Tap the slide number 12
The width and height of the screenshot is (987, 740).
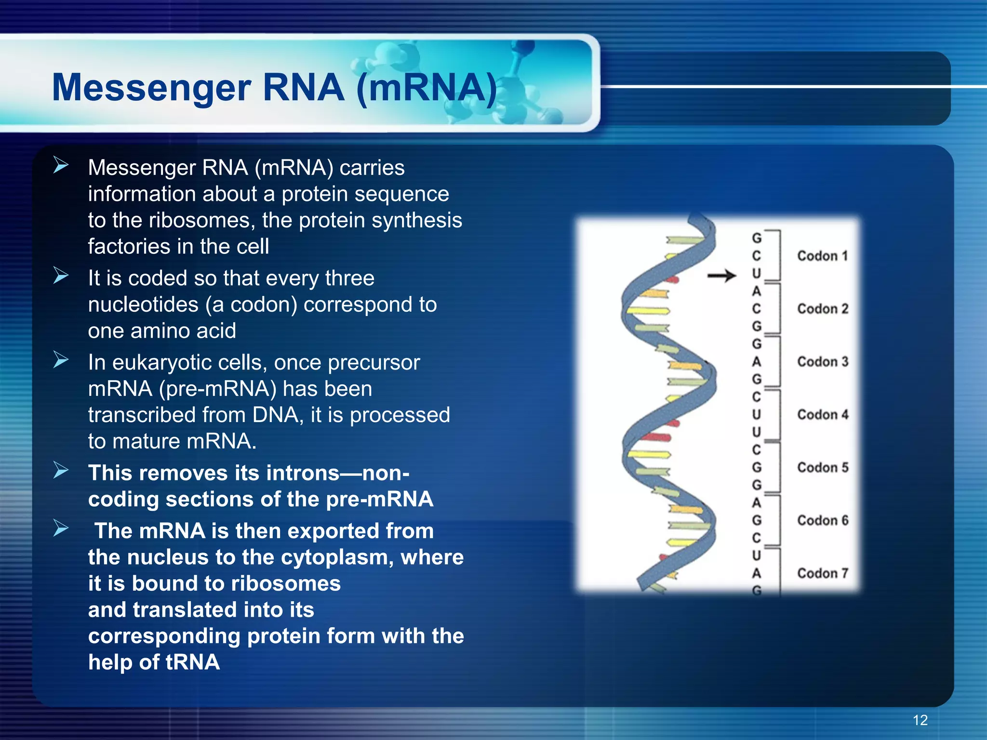pos(920,720)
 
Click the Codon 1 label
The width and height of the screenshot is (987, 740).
pos(822,256)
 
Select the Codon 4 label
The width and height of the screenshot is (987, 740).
pos(822,414)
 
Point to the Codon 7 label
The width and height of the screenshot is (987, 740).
pos(822,573)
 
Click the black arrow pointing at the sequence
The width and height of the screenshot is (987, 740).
pos(721,276)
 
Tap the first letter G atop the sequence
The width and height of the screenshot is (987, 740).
pos(757,238)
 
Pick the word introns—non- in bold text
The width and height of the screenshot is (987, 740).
pos(337,473)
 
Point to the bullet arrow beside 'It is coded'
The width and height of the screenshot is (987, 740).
pos(61,276)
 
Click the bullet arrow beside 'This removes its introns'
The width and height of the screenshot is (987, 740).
pos(61,470)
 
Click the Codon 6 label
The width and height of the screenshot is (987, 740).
pos(822,520)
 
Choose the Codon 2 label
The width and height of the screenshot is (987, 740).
pos(822,309)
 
